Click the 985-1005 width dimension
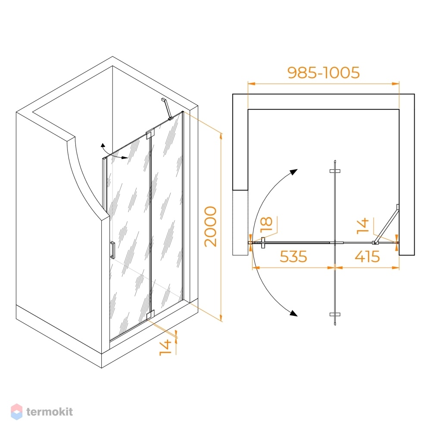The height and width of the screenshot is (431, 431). point(323,72)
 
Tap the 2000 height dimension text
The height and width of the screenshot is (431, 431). point(211,227)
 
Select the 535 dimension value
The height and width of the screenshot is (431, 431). point(293,256)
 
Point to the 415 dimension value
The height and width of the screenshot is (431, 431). point(367,256)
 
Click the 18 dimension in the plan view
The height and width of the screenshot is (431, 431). point(266,225)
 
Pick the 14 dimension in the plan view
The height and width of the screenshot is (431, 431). point(363,226)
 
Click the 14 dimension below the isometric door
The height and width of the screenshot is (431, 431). point(166,348)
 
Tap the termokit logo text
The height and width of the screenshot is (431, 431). point(50,412)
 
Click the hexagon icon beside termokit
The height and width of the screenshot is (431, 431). point(16,412)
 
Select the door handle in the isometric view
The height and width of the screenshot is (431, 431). point(112,250)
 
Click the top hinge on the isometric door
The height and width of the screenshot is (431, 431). point(150,134)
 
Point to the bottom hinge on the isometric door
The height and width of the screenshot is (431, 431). point(150,315)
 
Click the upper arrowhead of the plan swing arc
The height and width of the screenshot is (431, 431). point(294,172)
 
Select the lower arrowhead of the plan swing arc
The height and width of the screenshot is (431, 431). point(294,313)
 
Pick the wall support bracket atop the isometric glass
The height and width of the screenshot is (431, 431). point(167,109)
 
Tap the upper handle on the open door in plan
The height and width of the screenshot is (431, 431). point(335,171)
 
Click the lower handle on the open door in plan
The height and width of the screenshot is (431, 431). point(335,315)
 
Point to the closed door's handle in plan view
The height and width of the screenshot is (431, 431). point(263,243)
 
